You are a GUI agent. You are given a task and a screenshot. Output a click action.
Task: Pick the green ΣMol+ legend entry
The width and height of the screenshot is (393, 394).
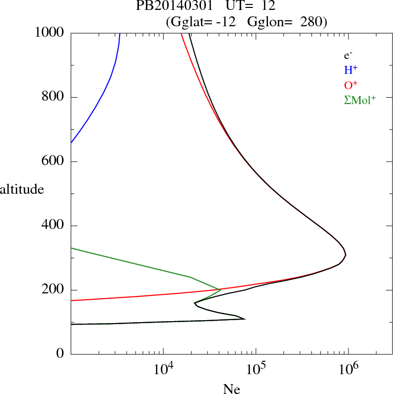click(360, 100)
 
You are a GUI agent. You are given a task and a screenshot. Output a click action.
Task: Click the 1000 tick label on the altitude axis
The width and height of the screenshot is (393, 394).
click(50, 33)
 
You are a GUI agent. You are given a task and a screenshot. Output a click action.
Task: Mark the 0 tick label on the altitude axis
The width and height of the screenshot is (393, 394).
click(60, 354)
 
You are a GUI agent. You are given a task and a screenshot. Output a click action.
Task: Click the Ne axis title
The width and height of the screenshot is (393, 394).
click(232, 389)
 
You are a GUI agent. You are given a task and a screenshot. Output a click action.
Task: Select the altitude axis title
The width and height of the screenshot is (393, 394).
click(22, 189)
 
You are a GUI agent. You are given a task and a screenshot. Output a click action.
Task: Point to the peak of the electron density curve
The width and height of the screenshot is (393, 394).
click(345, 255)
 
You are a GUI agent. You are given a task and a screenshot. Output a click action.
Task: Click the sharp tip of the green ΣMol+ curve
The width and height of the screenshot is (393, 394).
click(220, 289)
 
